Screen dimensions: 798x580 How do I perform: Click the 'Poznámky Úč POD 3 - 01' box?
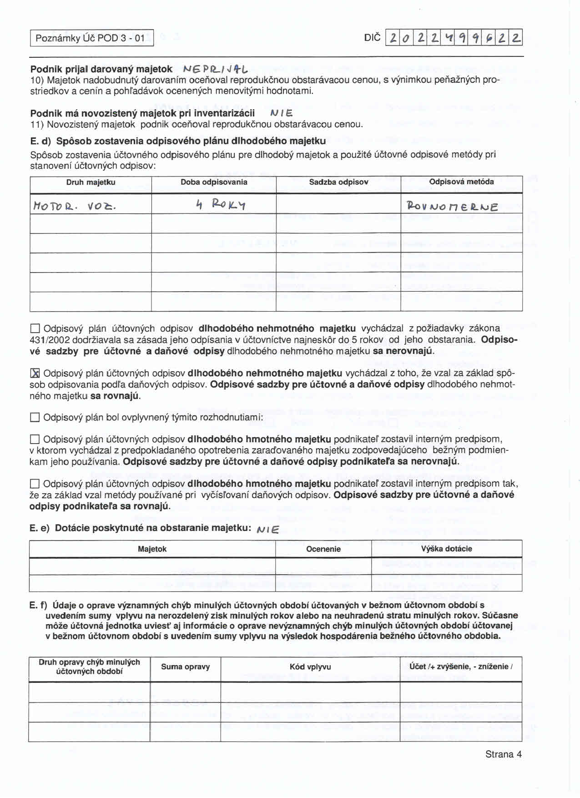pyautogui.click(x=91, y=38)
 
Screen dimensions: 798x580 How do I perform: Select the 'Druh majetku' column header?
pyautogui.click(x=91, y=182)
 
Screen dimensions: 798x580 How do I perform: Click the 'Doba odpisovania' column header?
pyautogui.click(x=214, y=182)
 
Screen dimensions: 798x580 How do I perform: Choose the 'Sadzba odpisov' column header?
pyautogui.click(x=338, y=182)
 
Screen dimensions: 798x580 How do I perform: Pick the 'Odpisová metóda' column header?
pyautogui.click(x=461, y=182)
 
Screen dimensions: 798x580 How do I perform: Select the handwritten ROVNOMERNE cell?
pyautogui.click(x=453, y=207)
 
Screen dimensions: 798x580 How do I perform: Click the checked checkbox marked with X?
pyautogui.click(x=35, y=374)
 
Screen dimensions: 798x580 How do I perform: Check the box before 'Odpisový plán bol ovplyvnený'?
pyautogui.click(x=35, y=418)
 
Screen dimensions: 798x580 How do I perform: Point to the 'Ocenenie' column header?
pyautogui.click(x=323, y=549)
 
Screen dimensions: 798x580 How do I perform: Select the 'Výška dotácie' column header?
pyautogui.click(x=446, y=549)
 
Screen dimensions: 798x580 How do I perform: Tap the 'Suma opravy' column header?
pyautogui.click(x=185, y=667)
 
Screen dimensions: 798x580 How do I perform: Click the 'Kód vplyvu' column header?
pyautogui.click(x=310, y=667)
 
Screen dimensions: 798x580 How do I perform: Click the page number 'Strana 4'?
pyautogui.click(x=503, y=754)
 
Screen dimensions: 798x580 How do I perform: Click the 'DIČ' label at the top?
pyautogui.click(x=372, y=38)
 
